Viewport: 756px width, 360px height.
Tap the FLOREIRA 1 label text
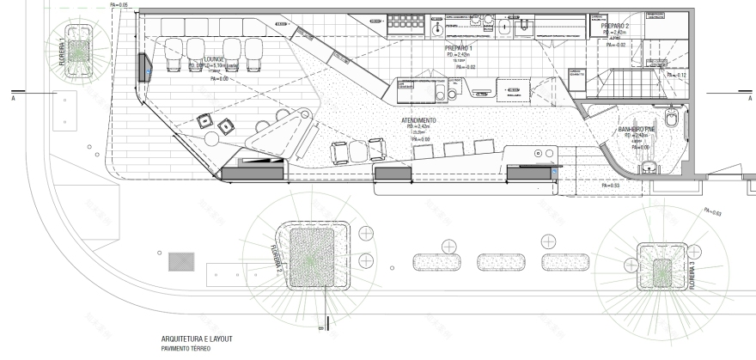[x=61, y=52]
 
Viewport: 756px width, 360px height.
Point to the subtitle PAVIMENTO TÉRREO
[x=180, y=350]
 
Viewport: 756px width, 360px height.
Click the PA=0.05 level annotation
[x=119, y=6]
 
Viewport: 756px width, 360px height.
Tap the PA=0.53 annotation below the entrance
[x=610, y=186]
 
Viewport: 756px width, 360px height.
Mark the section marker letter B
[x=320, y=326]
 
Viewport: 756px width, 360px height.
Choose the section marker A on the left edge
[x=13, y=99]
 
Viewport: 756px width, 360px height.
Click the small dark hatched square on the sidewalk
[x=182, y=259]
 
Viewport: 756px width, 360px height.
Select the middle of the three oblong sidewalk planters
[x=498, y=262]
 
